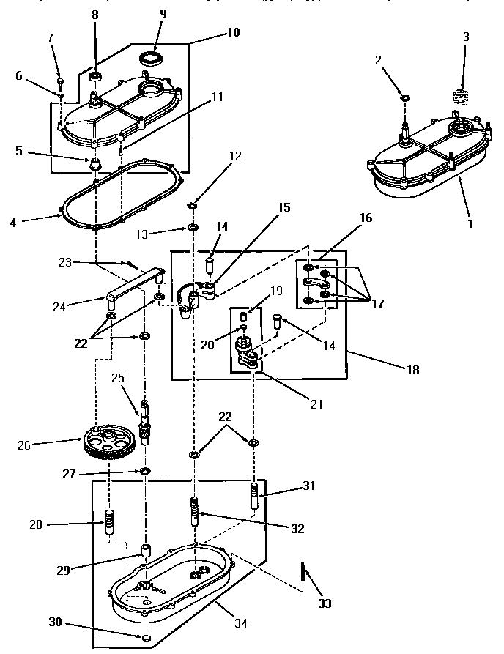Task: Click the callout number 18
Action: coord(413,370)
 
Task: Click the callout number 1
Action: coord(470,224)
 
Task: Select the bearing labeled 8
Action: coord(95,75)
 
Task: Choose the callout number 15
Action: coord(283,208)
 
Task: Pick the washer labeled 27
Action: coord(145,469)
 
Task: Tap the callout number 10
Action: coord(233,33)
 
